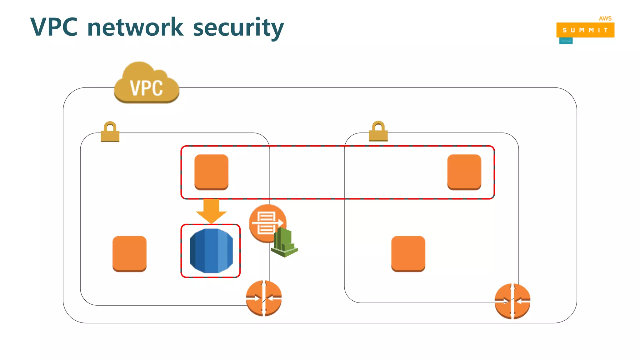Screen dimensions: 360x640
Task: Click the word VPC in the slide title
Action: pyautogui.click(x=54, y=27)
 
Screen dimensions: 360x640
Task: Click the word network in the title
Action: pyautogui.click(x=135, y=27)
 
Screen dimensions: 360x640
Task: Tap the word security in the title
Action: pyautogui.click(x=238, y=28)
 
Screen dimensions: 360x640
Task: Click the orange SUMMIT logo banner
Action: pyautogui.click(x=585, y=30)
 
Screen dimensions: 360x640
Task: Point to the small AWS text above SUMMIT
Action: pyautogui.click(x=605, y=18)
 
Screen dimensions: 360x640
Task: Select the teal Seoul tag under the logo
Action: pyautogui.click(x=566, y=41)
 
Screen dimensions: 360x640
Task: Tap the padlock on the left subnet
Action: pyautogui.click(x=110, y=132)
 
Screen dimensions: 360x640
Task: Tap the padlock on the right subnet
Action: pyautogui.click(x=378, y=131)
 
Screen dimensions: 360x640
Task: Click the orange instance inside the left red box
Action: pyautogui.click(x=211, y=172)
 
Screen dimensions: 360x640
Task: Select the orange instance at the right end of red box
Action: pyautogui.click(x=464, y=172)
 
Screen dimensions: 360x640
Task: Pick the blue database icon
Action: pyautogui.click(x=211, y=251)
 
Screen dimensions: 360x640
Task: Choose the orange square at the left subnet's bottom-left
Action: pyautogui.click(x=129, y=254)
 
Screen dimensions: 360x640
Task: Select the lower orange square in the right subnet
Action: pyautogui.click(x=408, y=254)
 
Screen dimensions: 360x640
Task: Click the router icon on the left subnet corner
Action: pyautogui.click(x=264, y=298)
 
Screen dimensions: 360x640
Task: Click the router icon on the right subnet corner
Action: pyautogui.click(x=512, y=301)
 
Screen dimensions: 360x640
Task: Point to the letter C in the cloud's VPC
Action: pyautogui.click(x=157, y=88)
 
